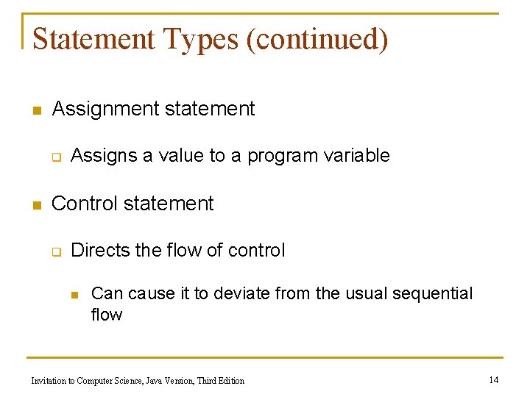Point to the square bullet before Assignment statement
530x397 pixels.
coord(34,111)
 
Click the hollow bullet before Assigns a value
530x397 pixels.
coord(54,157)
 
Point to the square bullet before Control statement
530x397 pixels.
coord(34,205)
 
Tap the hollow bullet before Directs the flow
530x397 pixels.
coord(54,251)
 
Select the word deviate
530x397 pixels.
coord(241,294)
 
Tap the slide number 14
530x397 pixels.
coord(493,380)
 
